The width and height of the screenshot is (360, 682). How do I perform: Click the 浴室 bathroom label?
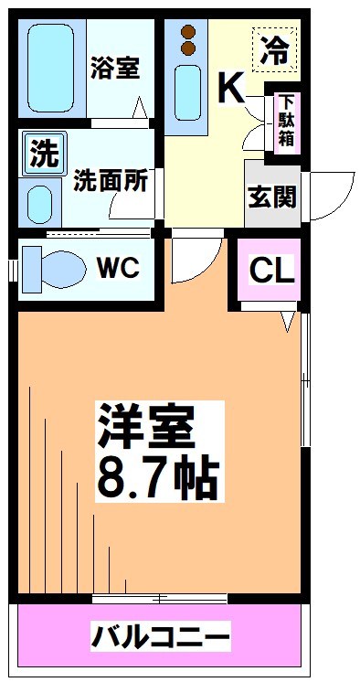(x=115, y=68)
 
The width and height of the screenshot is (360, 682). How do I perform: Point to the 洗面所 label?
(x=111, y=181)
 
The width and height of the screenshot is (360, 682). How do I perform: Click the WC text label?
(x=119, y=268)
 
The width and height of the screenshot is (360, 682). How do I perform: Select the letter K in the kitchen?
(x=230, y=89)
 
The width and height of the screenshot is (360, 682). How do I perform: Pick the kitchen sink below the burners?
(x=190, y=91)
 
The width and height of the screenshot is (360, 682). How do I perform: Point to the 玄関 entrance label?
(x=272, y=195)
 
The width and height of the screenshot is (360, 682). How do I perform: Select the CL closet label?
(x=271, y=270)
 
